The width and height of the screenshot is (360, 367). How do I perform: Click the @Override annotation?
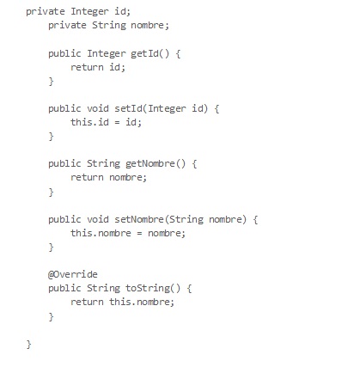pyautogui.click(x=73, y=274)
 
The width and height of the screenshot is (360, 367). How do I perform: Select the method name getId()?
pyautogui.click(x=150, y=53)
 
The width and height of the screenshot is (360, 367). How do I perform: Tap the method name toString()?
pyautogui.click(x=153, y=288)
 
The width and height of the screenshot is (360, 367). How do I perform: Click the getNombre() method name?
pyautogui.click(x=156, y=164)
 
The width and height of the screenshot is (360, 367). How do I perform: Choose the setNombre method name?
pyautogui.click(x=139, y=219)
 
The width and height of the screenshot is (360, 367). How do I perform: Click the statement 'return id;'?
pyautogui.click(x=98, y=67)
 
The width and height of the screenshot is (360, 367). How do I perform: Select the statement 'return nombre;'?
pyautogui.click(x=108, y=178)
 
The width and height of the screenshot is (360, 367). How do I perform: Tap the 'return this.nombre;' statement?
pyautogui.click(x=122, y=302)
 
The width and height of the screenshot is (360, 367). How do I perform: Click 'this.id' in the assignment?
pyautogui.click(x=89, y=122)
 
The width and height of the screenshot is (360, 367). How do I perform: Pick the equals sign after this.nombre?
pyautogui.click(x=139, y=233)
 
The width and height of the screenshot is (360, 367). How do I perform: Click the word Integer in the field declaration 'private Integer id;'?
pyautogui.click(x=89, y=12)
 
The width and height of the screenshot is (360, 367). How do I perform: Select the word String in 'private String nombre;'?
pyautogui.click(x=109, y=25)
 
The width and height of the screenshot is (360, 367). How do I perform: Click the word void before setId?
pyautogui.click(x=98, y=108)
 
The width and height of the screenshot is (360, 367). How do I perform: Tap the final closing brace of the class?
pyautogui.click(x=28, y=344)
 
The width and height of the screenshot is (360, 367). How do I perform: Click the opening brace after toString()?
pyautogui.click(x=189, y=289)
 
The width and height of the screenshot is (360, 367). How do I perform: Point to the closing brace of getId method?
pyautogui.click(x=51, y=82)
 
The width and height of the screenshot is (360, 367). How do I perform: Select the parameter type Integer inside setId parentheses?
pyautogui.click(x=167, y=108)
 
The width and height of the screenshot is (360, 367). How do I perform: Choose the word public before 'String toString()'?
pyautogui.click(x=64, y=288)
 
